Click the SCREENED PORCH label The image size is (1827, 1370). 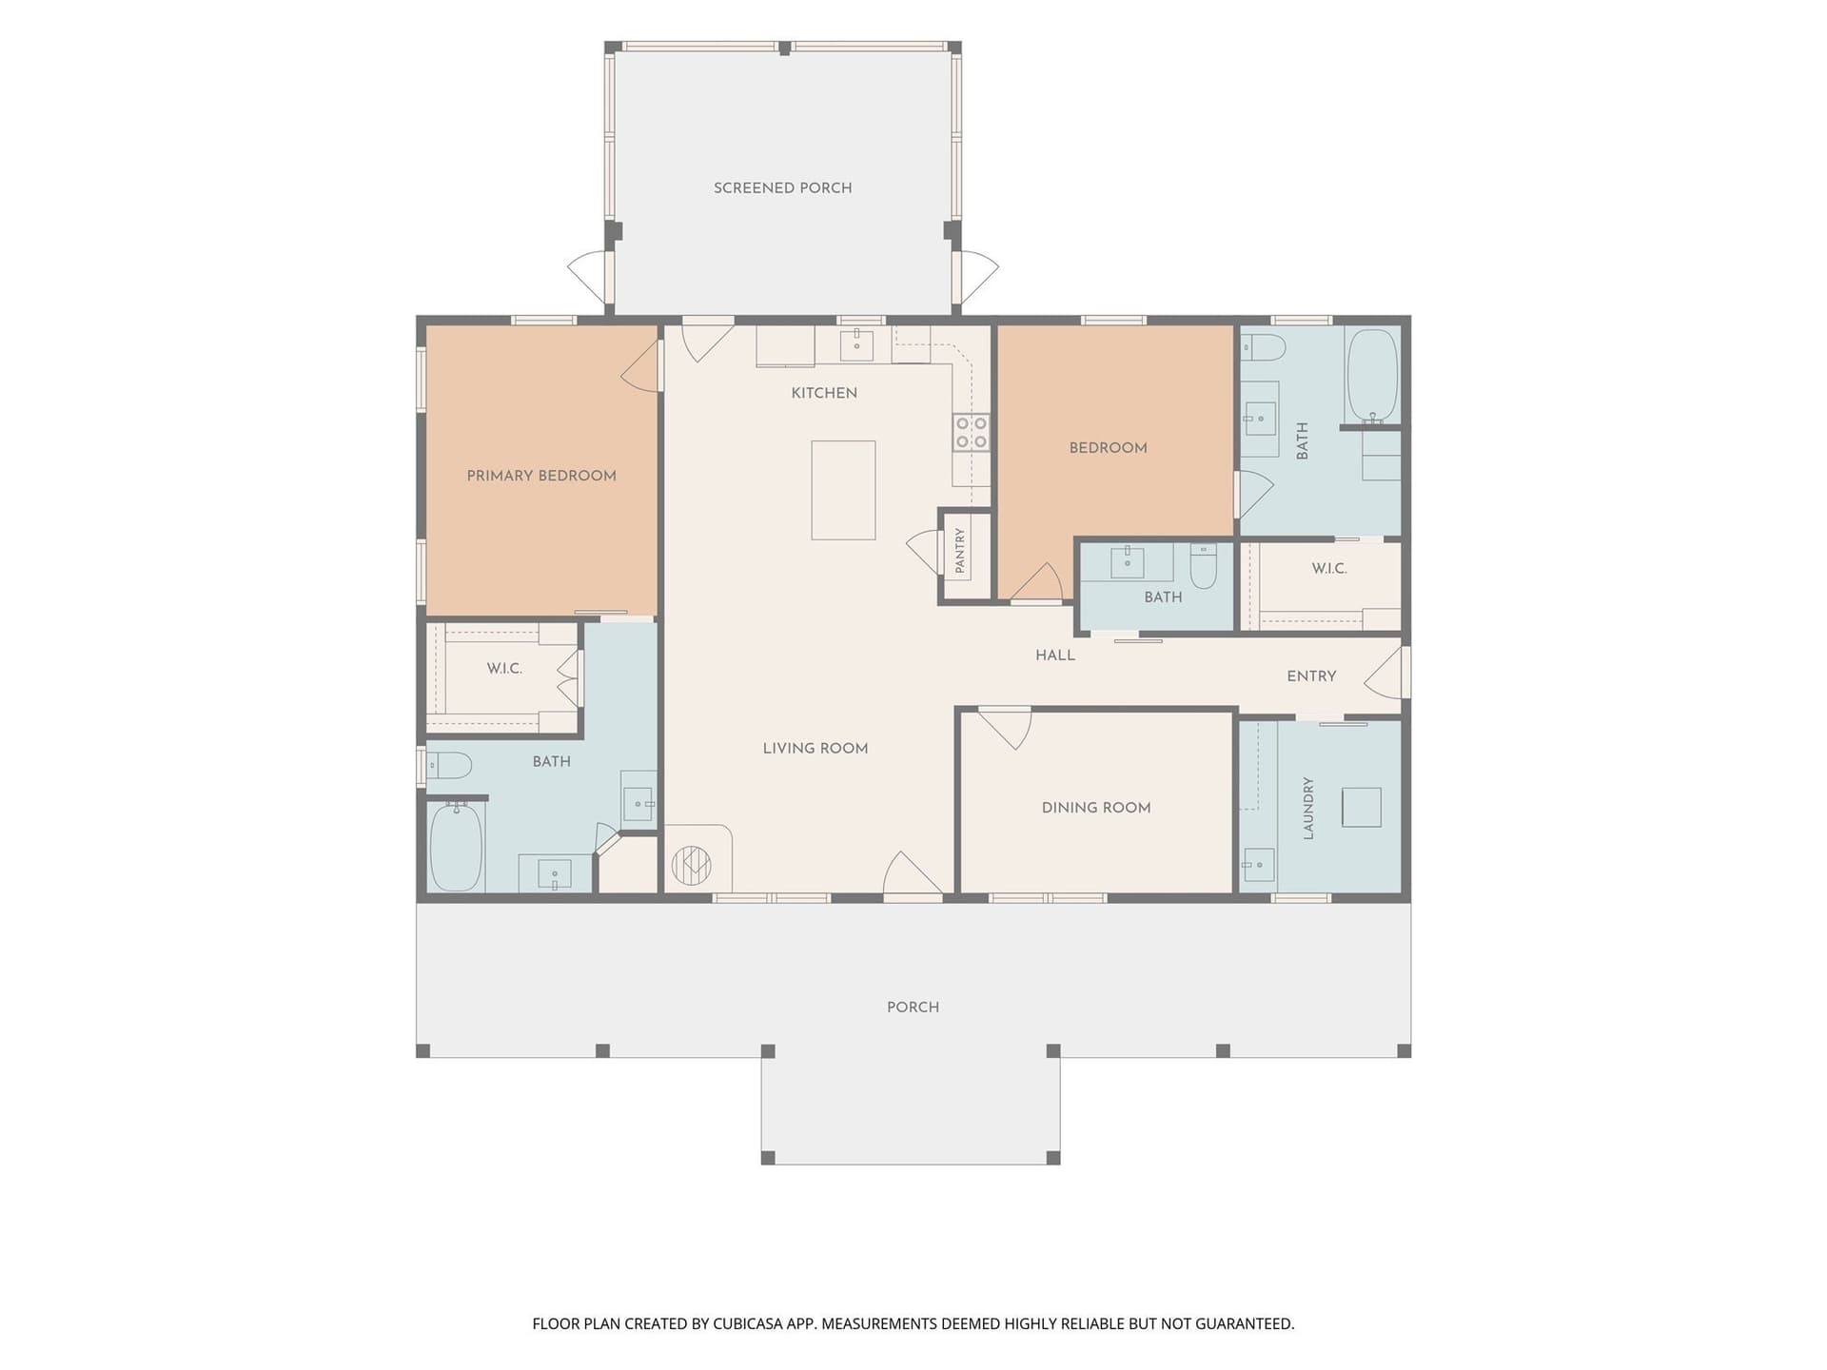[x=782, y=188]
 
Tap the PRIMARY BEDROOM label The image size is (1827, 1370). [x=541, y=476]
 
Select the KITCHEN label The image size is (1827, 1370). [x=824, y=393]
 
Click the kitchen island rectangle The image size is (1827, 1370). [x=843, y=490]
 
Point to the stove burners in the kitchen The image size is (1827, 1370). [x=972, y=432]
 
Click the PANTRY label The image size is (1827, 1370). [x=960, y=551]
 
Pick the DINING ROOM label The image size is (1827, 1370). [x=1096, y=808]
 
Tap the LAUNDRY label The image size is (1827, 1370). [x=1308, y=808]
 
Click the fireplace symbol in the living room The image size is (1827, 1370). [x=692, y=864]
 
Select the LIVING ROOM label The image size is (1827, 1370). [x=815, y=749]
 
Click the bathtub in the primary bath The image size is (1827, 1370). [x=456, y=847]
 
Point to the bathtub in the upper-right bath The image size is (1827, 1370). [x=1371, y=376]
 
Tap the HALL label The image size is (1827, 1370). [x=1055, y=656]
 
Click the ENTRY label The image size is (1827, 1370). [x=1311, y=676]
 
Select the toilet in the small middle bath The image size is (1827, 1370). [x=1204, y=565]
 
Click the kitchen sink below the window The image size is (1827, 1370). [x=856, y=345]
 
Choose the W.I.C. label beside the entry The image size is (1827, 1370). [x=1329, y=569]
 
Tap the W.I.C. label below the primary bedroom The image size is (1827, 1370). [x=504, y=669]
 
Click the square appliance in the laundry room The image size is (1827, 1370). [x=1361, y=808]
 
